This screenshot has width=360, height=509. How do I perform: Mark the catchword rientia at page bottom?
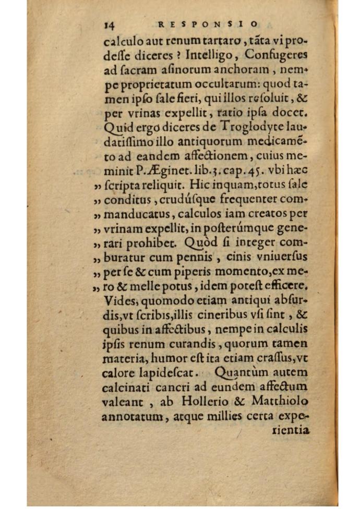click(292, 430)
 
